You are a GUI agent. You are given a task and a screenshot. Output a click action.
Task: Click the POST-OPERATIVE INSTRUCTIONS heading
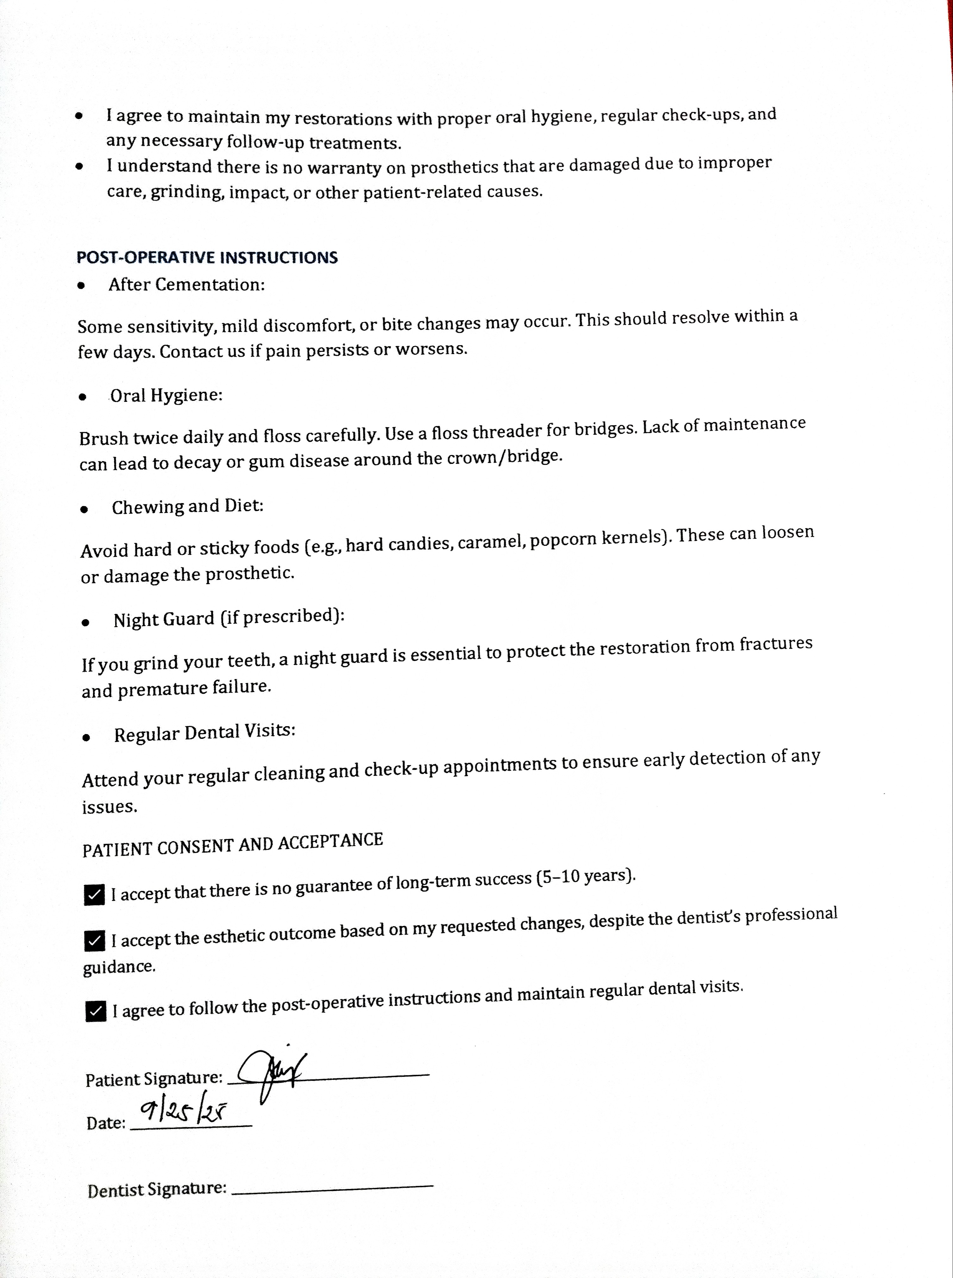[x=207, y=257]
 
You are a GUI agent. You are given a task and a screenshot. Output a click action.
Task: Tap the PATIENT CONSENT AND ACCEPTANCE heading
[x=233, y=845]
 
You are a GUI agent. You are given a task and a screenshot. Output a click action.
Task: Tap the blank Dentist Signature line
[x=332, y=1187]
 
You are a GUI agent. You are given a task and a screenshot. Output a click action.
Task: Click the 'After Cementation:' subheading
[x=186, y=285]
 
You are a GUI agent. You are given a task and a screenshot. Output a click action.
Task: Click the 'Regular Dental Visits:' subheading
[x=204, y=733]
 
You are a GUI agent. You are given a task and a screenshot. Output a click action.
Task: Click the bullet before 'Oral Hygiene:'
[x=84, y=397]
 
